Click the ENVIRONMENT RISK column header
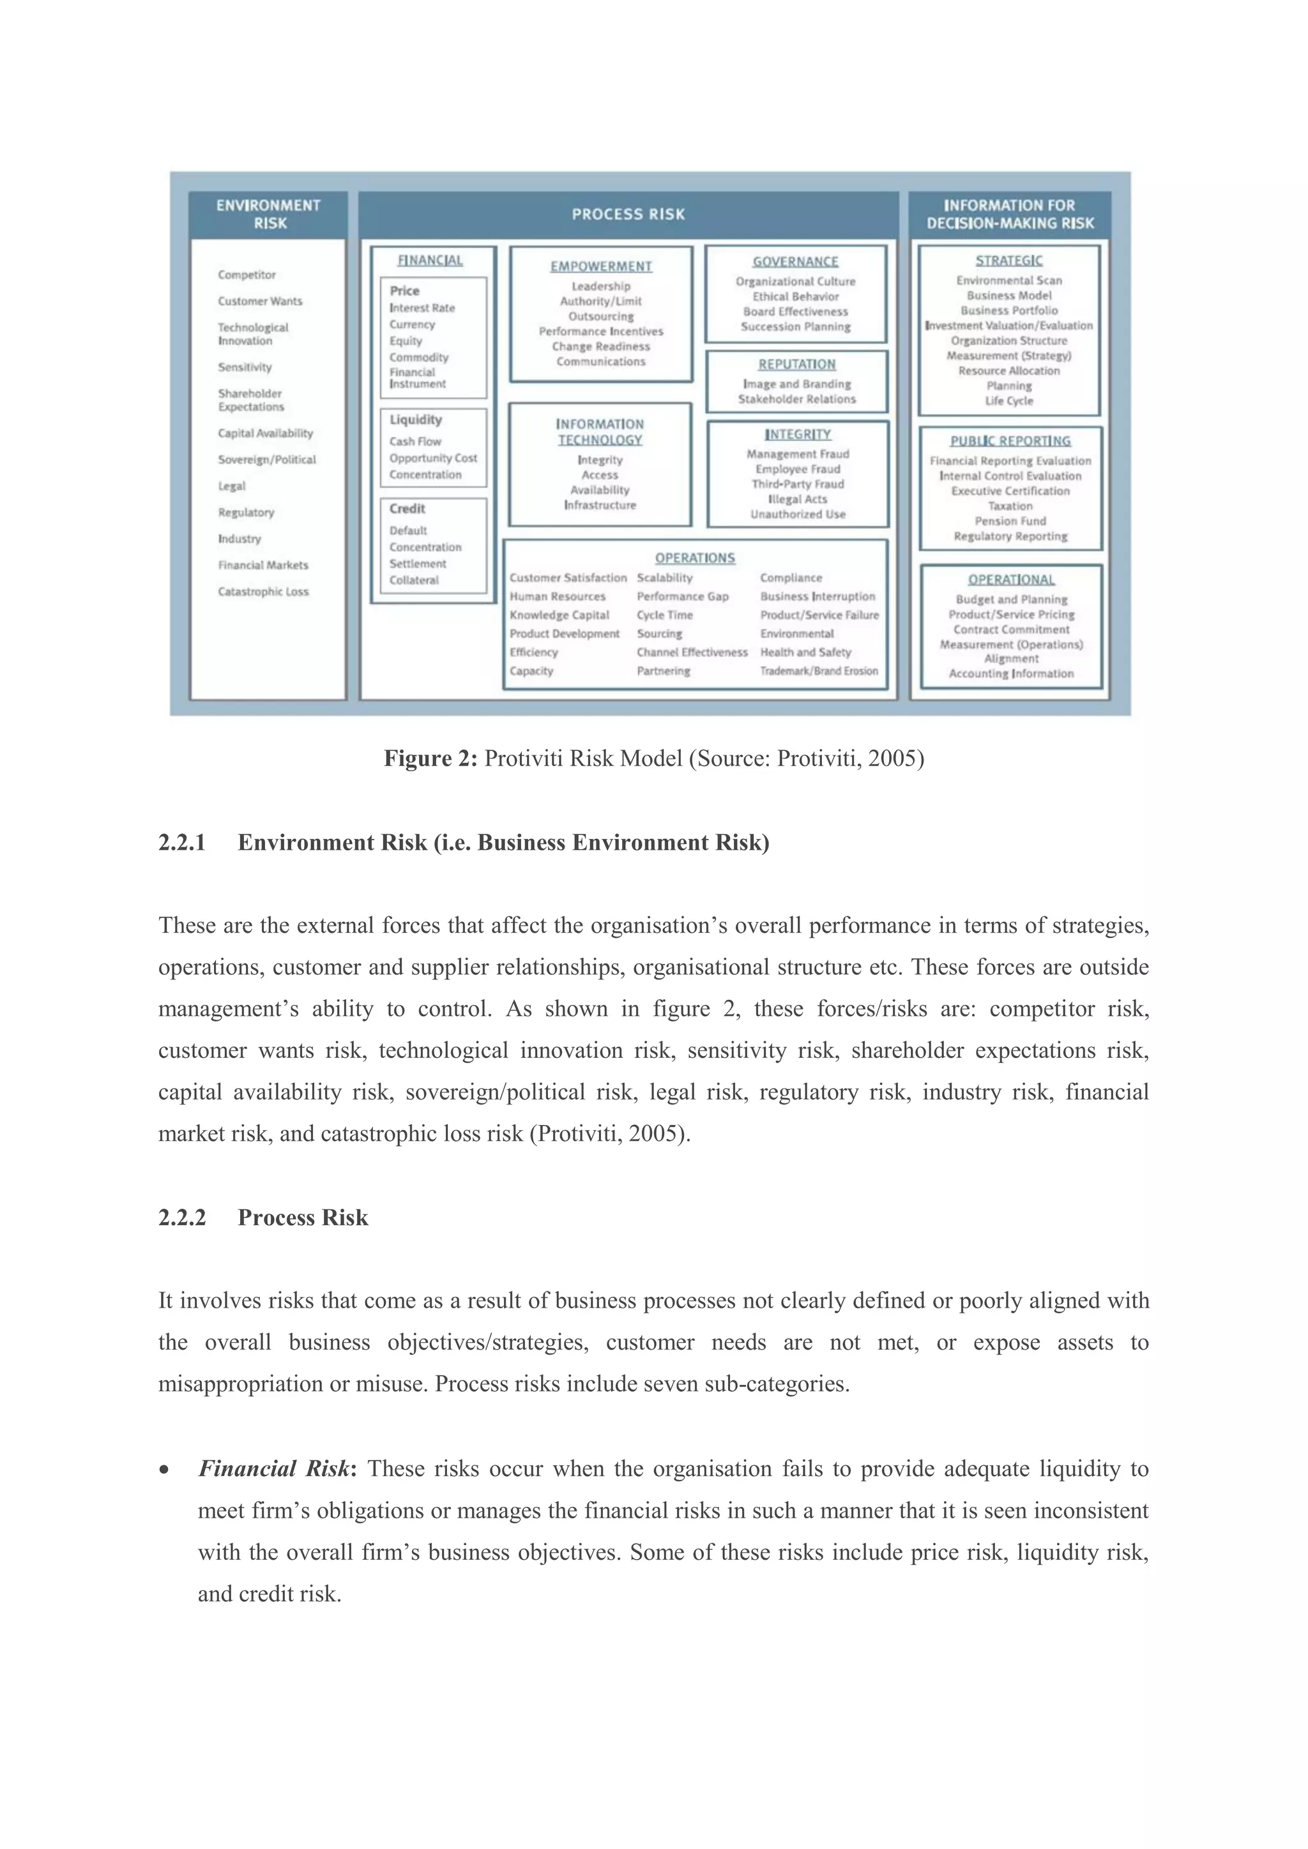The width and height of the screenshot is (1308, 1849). coord(268,215)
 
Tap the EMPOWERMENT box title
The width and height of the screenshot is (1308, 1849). coord(601,266)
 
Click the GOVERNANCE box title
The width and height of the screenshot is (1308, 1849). coord(795,262)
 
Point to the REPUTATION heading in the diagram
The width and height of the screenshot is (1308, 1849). coord(796,365)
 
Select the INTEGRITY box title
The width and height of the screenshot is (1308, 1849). coord(797,434)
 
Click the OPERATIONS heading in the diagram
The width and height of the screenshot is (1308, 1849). coord(694,558)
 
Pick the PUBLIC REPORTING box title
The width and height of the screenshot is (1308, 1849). coord(1010,441)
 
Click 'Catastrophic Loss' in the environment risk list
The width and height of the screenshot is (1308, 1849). coord(263,592)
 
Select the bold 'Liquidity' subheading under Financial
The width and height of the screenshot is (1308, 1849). coord(416,419)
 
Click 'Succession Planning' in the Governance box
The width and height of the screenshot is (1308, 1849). coord(795,327)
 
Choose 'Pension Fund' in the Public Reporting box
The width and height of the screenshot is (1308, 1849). coord(1010,521)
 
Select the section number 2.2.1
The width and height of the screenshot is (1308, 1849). coord(182,842)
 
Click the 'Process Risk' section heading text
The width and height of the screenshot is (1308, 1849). coord(303,1218)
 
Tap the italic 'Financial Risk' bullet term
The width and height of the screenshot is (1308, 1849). coord(273,1469)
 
